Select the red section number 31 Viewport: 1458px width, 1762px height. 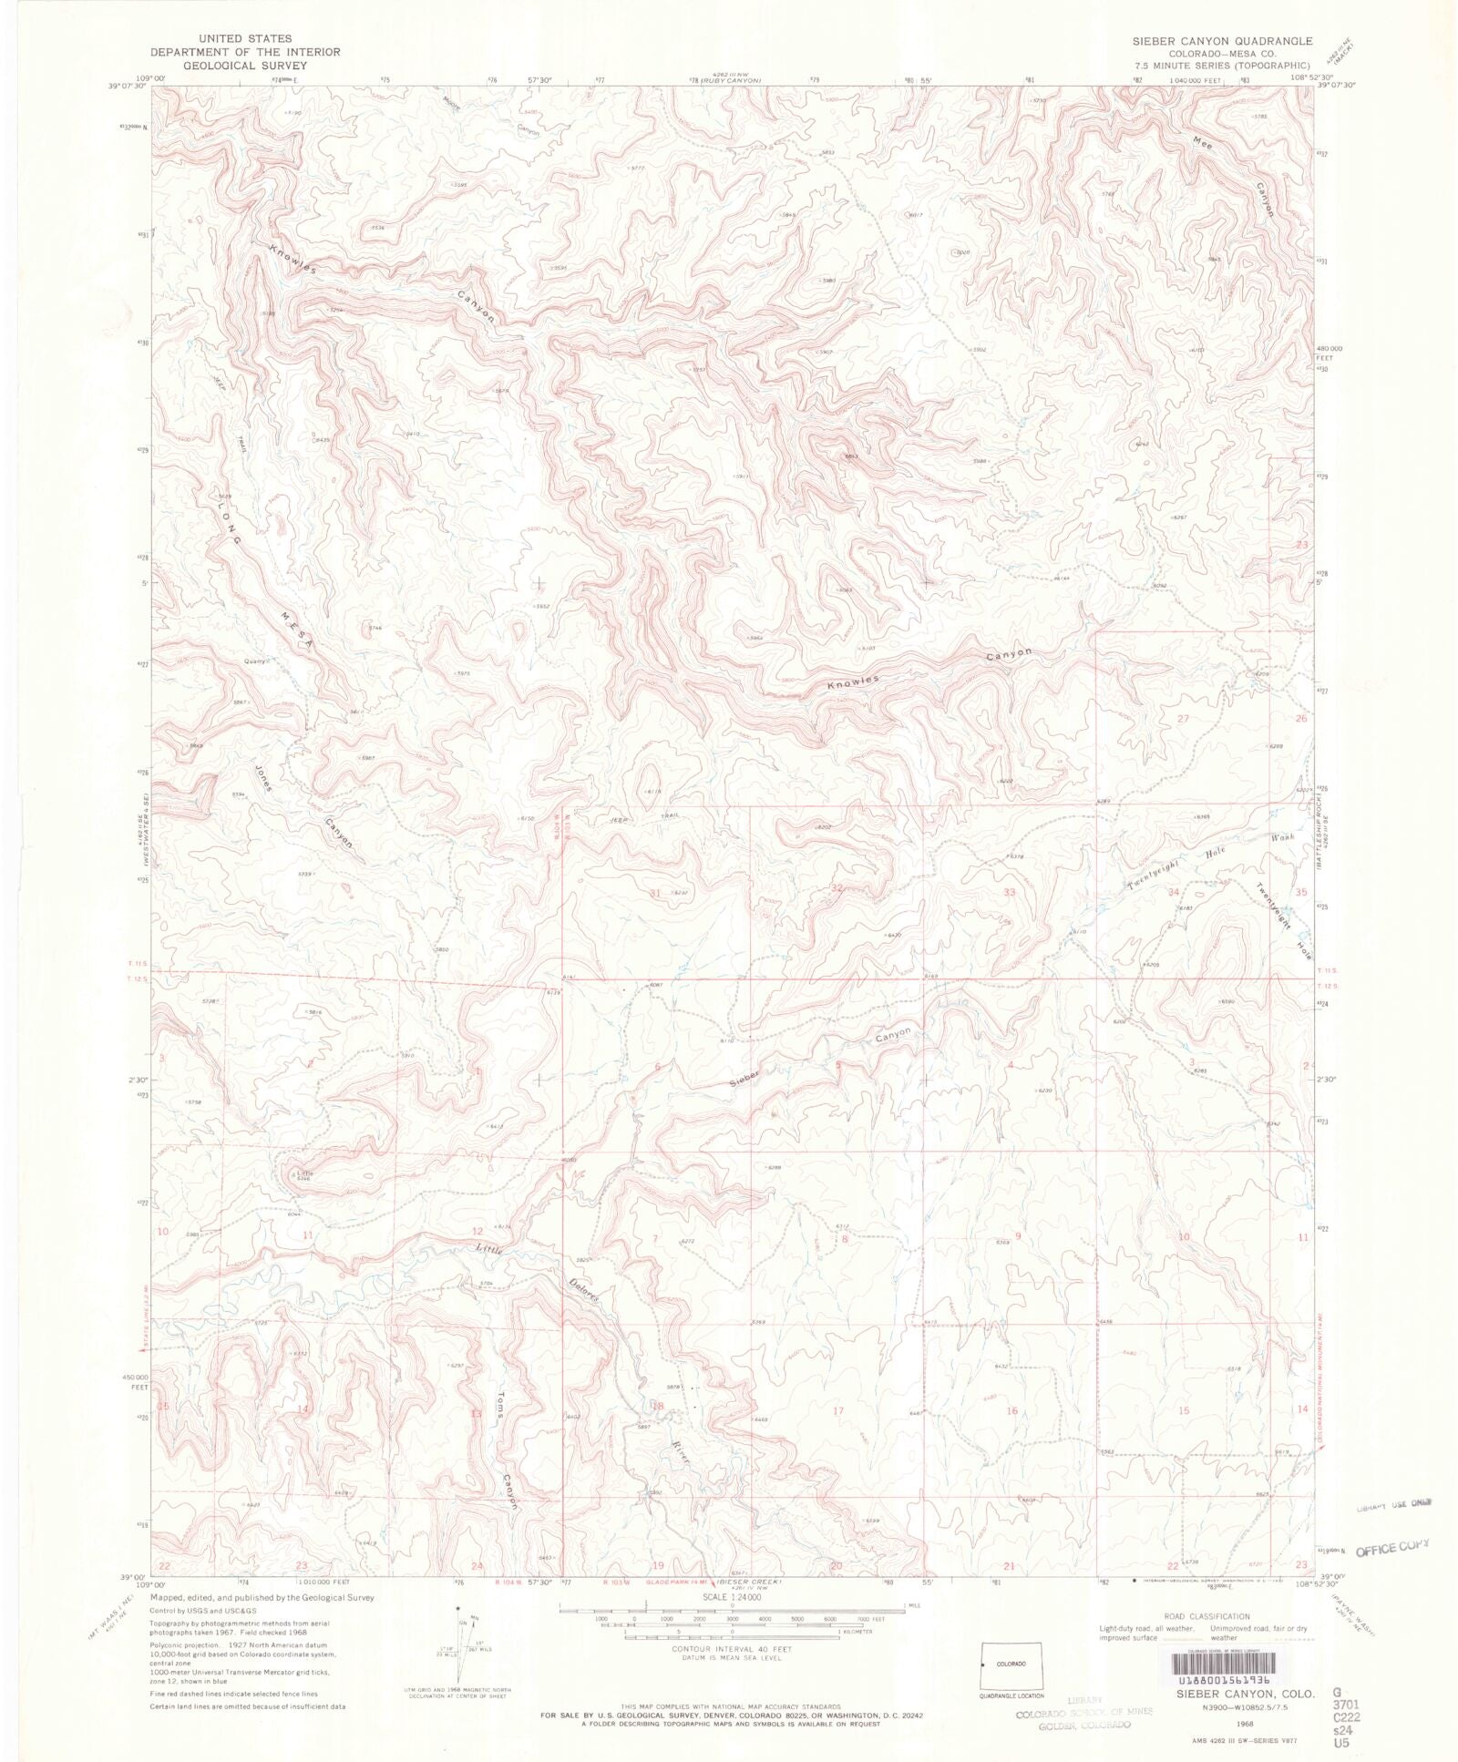pyautogui.click(x=655, y=894)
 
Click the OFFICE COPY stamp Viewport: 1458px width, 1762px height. pyautogui.click(x=1392, y=1548)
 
